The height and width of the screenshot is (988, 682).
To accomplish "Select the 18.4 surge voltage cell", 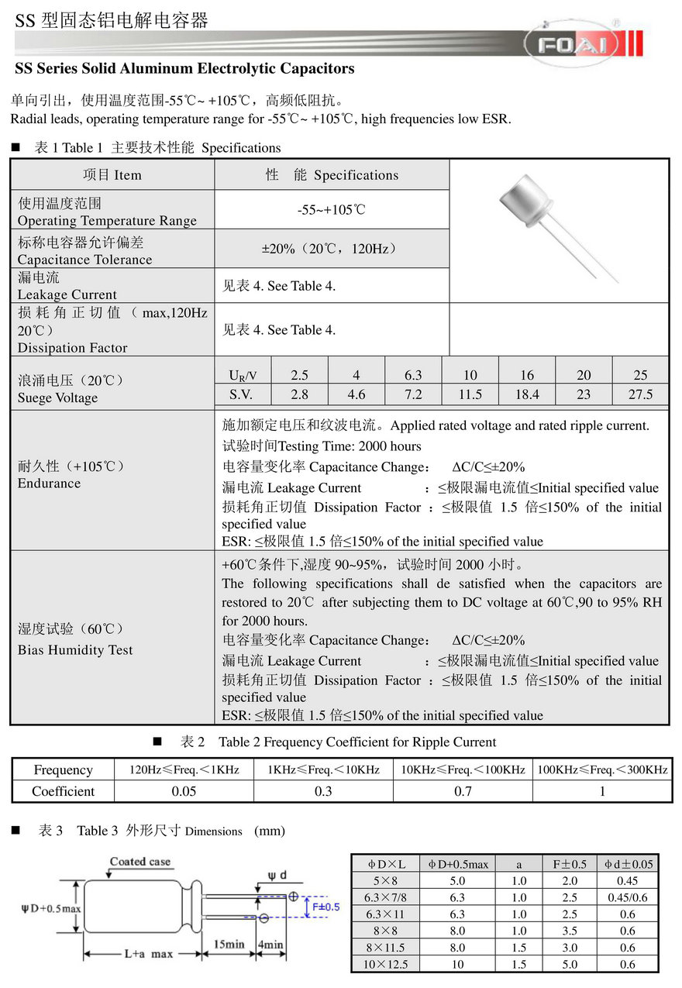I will (x=527, y=394).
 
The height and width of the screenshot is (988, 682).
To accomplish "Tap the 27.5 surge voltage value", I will (x=640, y=394).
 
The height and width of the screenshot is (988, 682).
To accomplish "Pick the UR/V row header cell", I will (x=243, y=375).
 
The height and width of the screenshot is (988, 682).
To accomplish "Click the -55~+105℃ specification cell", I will (x=331, y=210).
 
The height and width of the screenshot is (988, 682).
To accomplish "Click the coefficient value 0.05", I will (x=184, y=791).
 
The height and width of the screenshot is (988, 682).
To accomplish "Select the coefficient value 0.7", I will (x=463, y=791).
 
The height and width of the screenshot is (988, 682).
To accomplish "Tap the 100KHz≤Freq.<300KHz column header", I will (x=602, y=769).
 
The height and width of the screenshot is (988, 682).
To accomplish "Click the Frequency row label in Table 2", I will (x=63, y=769).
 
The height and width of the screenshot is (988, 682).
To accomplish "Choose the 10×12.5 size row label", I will (x=385, y=964).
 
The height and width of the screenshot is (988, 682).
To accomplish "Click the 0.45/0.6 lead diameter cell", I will (x=627, y=897).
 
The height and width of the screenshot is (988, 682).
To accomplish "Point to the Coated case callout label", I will (x=140, y=862).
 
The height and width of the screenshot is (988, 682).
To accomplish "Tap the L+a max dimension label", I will (x=149, y=954).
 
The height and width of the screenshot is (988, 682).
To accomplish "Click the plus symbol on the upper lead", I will (x=293, y=897).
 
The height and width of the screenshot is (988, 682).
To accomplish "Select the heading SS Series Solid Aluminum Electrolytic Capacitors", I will (x=184, y=69).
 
